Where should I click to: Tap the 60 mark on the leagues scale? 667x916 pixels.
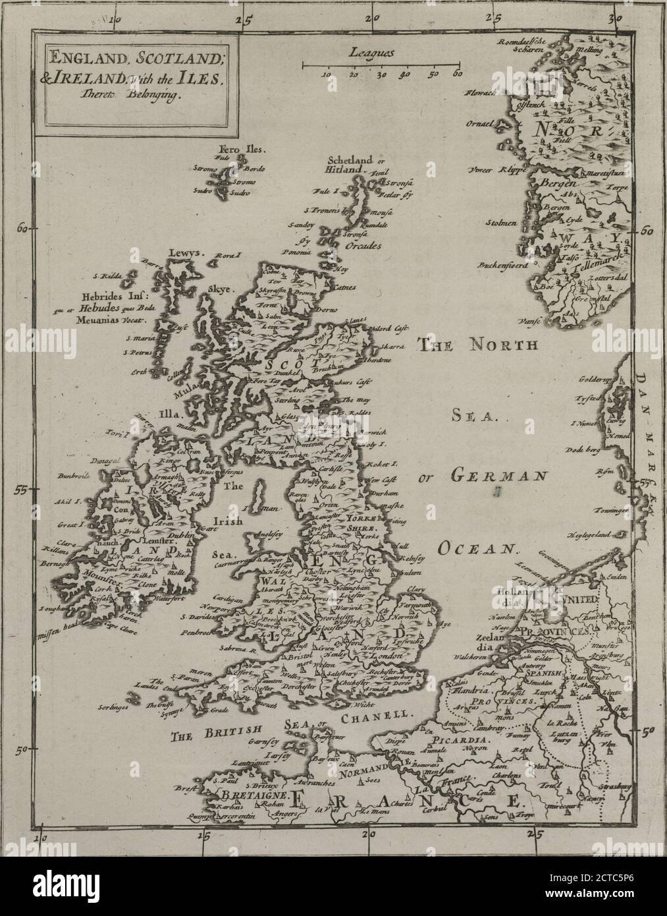point(457,74)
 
